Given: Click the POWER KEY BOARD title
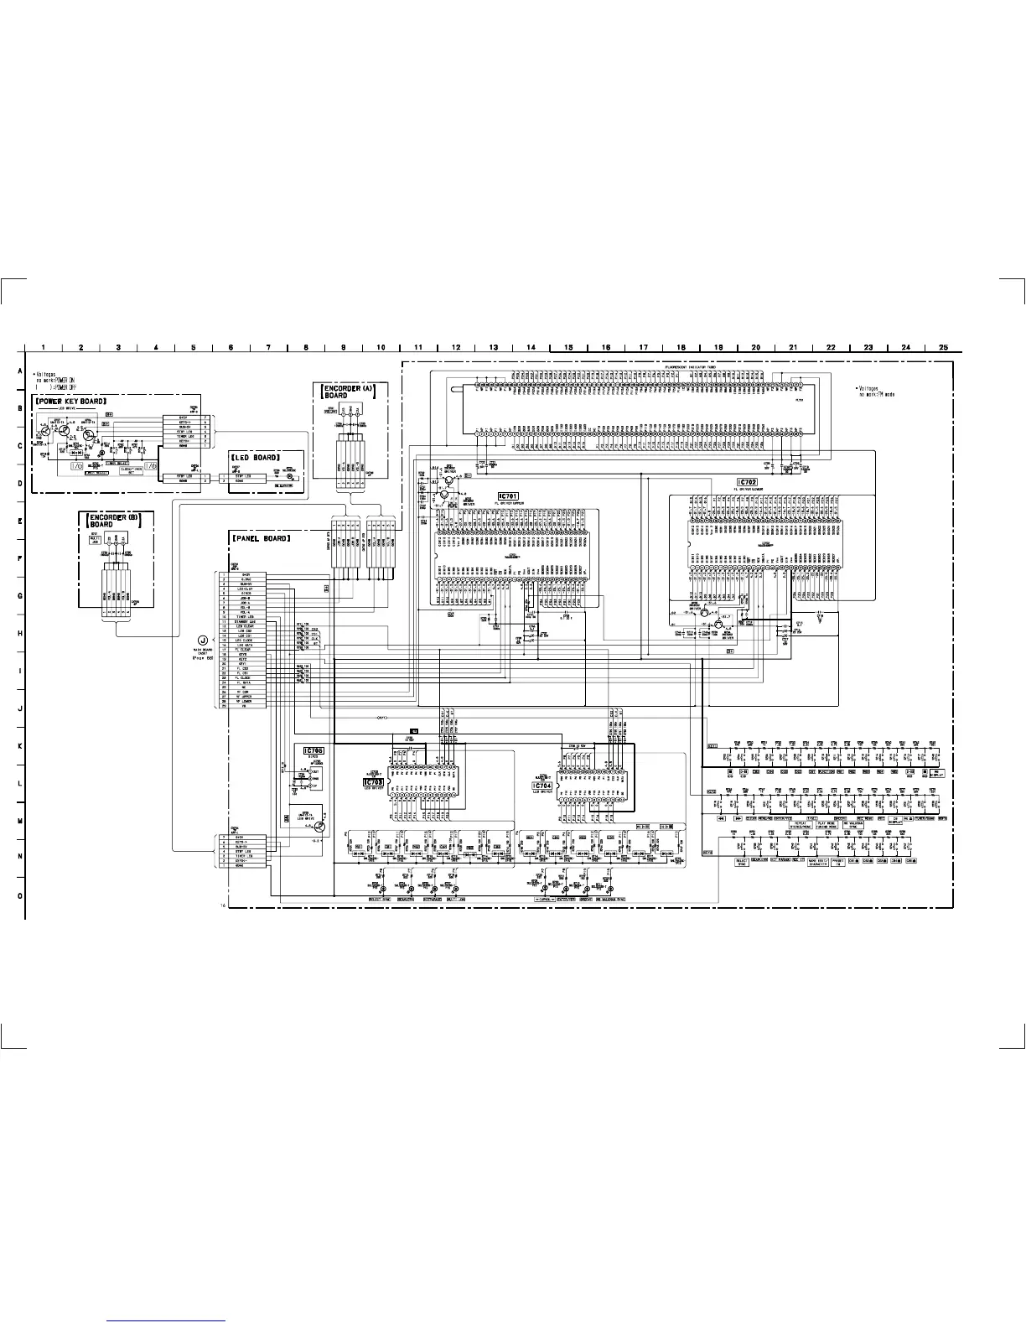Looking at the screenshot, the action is [x=70, y=401].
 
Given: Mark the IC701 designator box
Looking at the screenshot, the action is [x=508, y=496].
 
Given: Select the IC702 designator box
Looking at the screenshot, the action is [x=746, y=483].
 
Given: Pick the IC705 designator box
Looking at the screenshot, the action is [x=313, y=750].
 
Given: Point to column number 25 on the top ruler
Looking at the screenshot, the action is [x=943, y=346].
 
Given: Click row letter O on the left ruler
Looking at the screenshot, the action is [x=18, y=895].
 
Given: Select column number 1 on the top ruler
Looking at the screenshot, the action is [x=44, y=346].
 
